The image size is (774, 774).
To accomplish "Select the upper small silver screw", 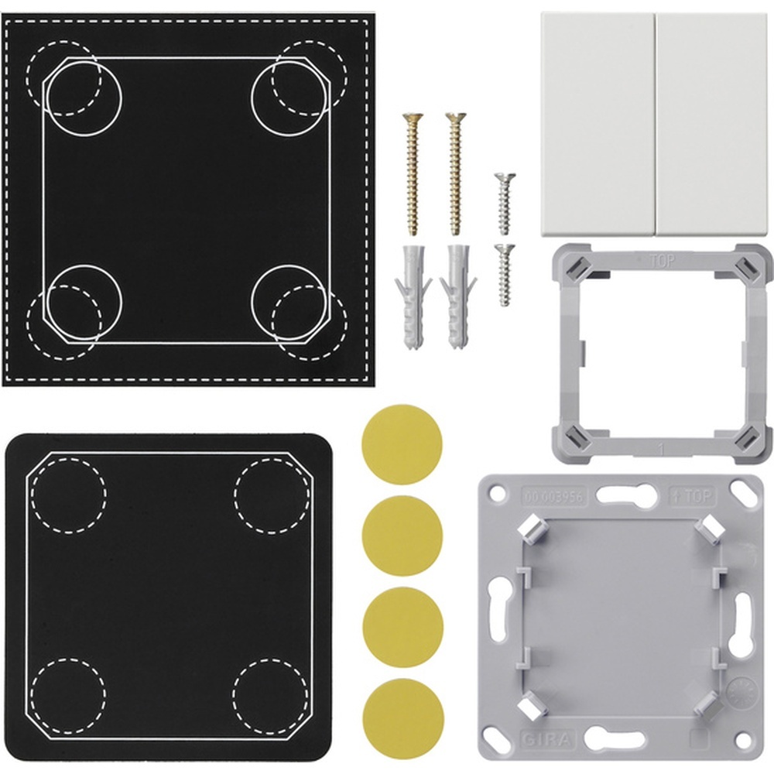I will point(503,204).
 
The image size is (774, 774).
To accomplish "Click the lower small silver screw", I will point(505,275).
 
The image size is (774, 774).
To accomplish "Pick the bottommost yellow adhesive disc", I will point(402,716).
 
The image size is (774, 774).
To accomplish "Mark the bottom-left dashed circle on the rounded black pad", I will point(68,695).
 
